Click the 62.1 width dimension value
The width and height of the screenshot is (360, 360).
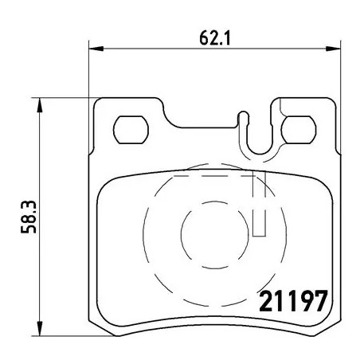208,35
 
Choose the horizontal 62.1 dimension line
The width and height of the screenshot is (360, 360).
159,48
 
